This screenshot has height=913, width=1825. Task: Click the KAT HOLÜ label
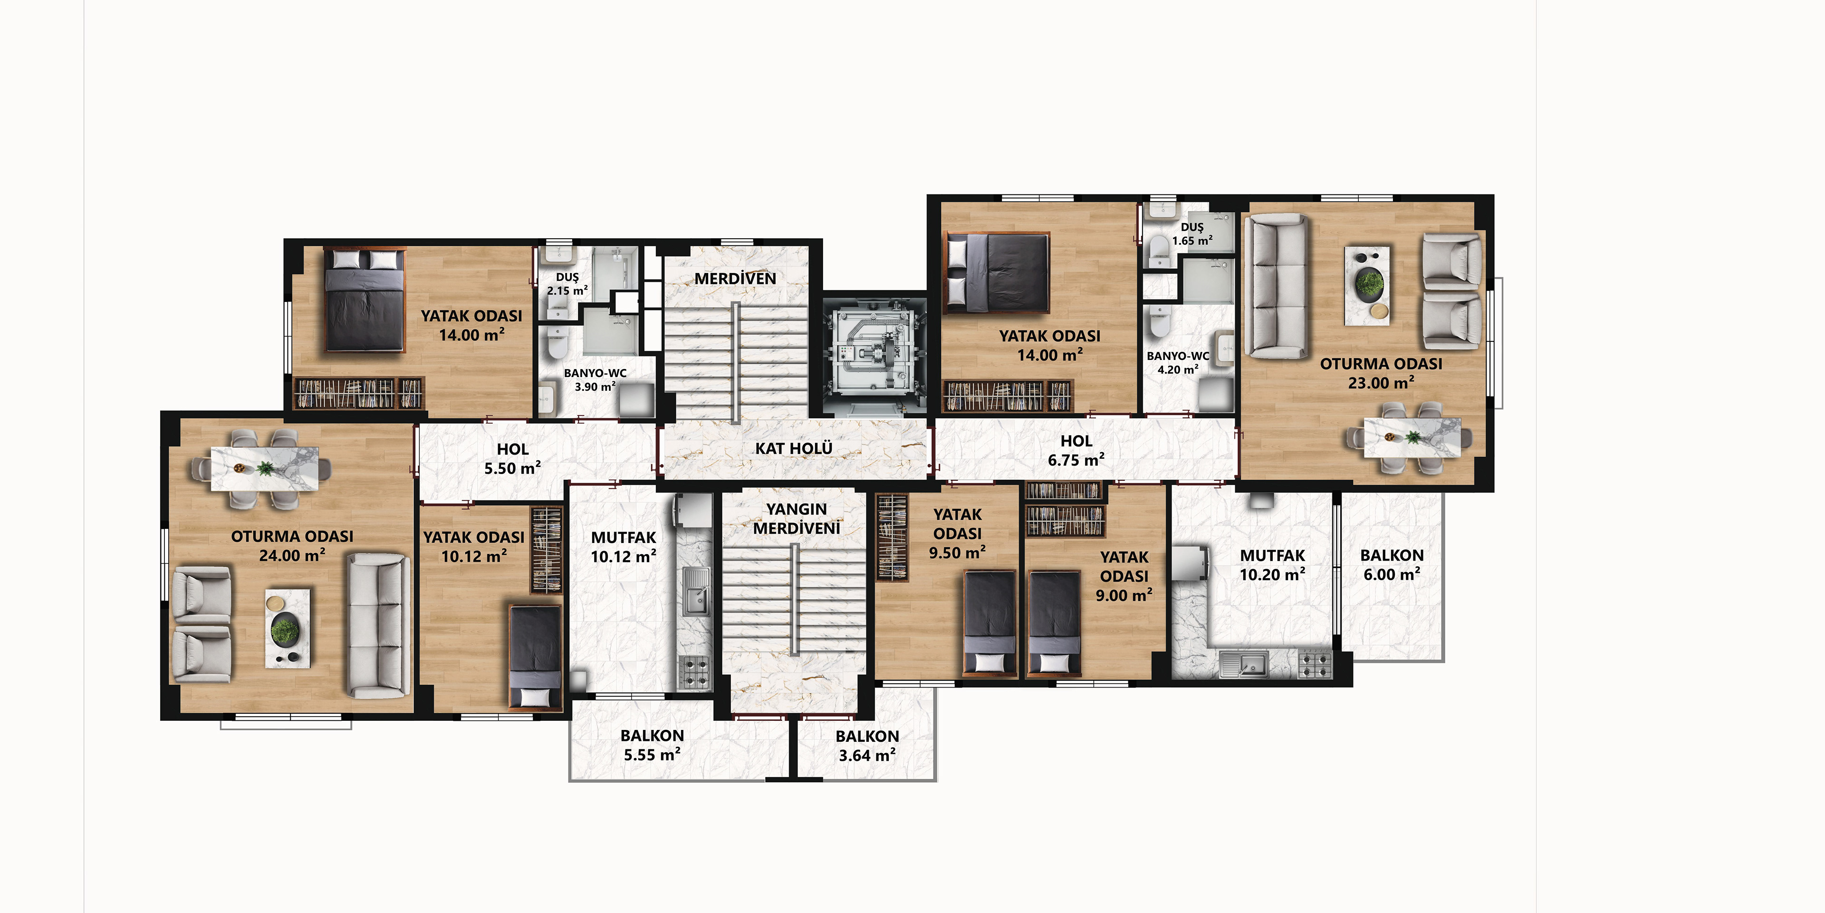[x=794, y=449]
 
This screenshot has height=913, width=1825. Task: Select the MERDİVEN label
[x=735, y=279]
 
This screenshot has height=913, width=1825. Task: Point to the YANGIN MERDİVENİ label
[x=797, y=519]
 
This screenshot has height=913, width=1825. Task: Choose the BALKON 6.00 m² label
[x=1392, y=565]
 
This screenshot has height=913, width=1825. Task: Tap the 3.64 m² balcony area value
[x=867, y=756]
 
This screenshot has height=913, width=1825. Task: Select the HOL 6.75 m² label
[x=1076, y=451]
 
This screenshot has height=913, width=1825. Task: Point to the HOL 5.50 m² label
[x=513, y=458]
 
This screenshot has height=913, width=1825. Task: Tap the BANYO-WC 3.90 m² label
[x=595, y=380]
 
